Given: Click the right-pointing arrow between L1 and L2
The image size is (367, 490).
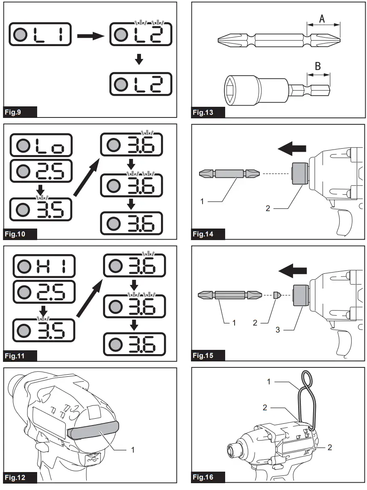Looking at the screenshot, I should (90, 35).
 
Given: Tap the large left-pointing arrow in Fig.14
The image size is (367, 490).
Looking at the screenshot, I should (292, 149).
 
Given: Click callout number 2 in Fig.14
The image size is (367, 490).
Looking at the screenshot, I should (268, 209).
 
